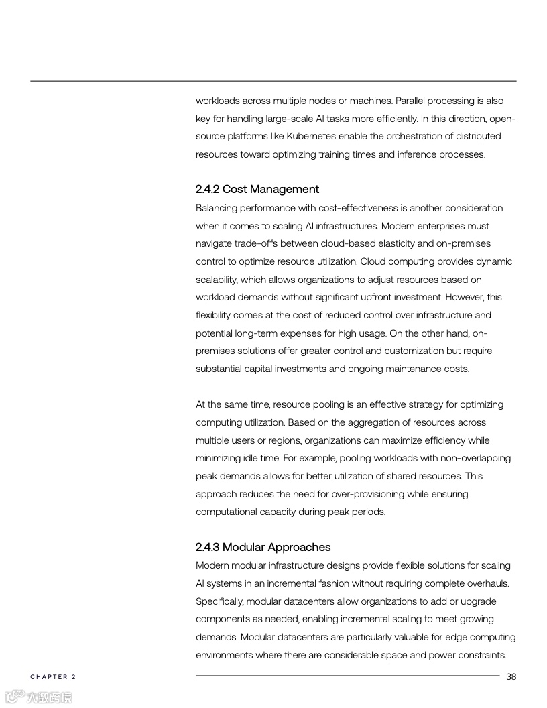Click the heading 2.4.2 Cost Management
(257, 189)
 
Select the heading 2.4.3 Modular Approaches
(263, 547)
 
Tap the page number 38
(511, 676)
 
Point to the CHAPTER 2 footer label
(53, 677)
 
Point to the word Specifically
(220, 601)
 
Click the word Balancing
(217, 208)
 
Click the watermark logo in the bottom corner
(38, 697)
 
